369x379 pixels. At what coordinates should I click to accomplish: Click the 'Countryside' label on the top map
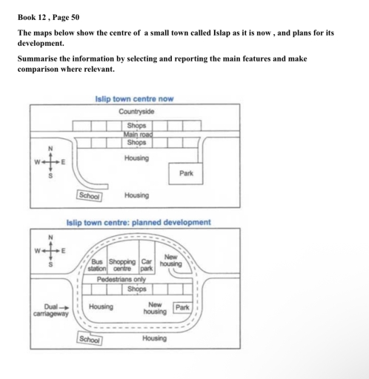point(136,112)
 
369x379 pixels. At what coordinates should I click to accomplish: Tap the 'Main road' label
point(138,135)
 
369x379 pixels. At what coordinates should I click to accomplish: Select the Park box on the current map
point(186,173)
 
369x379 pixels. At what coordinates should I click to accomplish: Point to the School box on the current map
point(89,195)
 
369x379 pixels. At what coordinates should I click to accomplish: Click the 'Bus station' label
point(97,265)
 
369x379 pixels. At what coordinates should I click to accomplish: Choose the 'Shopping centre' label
point(122,265)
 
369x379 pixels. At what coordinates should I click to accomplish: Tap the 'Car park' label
point(147,265)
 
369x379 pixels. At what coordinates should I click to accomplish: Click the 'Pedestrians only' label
point(122,279)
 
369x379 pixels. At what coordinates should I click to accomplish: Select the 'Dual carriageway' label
point(50,310)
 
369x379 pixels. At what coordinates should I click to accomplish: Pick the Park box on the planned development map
point(182,307)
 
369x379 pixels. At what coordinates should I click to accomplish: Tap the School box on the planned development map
point(90,340)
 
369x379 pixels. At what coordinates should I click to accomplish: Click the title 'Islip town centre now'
point(134,99)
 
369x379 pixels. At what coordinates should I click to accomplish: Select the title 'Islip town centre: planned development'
point(139,223)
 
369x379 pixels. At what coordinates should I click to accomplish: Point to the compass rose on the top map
point(50,162)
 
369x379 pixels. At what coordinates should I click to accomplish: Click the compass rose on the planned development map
point(50,251)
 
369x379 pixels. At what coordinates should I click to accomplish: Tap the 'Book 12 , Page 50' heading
point(48,17)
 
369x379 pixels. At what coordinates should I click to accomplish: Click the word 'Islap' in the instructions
point(222,33)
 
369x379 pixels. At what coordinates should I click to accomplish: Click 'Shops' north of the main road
point(136,125)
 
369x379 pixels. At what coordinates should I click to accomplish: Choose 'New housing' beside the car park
point(170,261)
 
